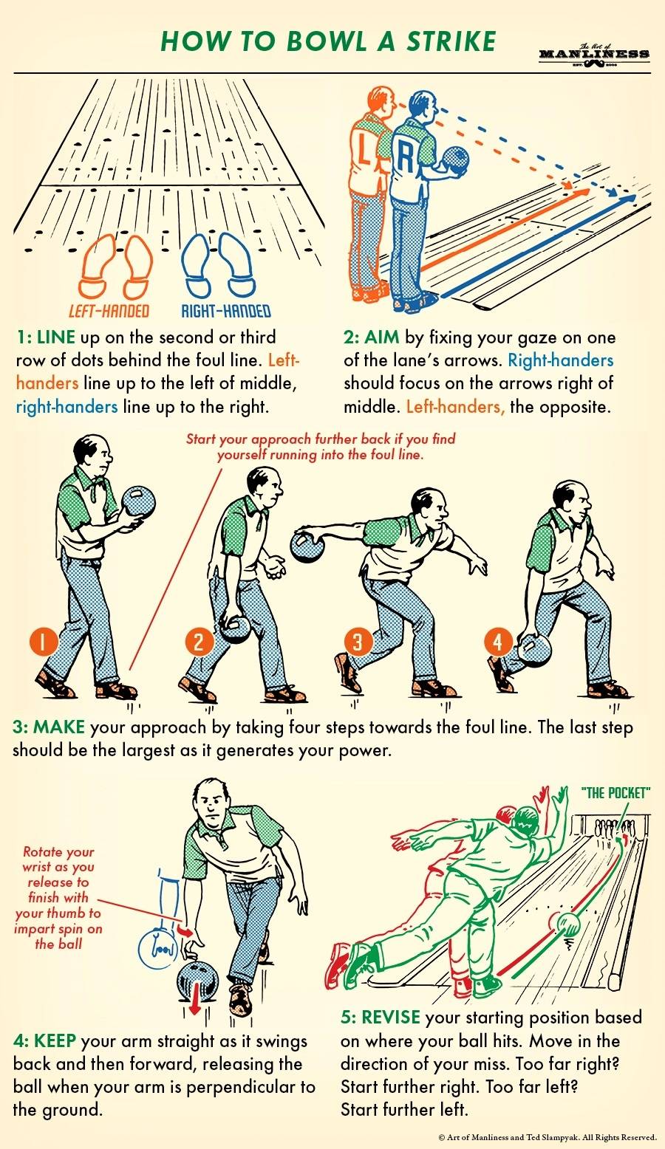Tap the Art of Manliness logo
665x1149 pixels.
coord(594,55)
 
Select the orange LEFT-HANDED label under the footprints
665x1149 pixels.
coord(109,311)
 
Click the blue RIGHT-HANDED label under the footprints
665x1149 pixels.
coord(226,311)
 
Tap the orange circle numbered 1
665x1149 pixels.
coord(44,642)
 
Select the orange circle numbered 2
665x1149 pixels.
coord(198,641)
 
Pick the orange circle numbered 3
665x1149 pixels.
coord(358,641)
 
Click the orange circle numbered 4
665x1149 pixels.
coord(498,642)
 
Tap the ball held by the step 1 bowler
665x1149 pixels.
coord(138,502)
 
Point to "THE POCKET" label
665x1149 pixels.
coord(615,793)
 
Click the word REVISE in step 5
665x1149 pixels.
coord(391,1017)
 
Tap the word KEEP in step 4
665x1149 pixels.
coord(55,1040)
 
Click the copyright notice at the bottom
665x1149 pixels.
coord(548,1137)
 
